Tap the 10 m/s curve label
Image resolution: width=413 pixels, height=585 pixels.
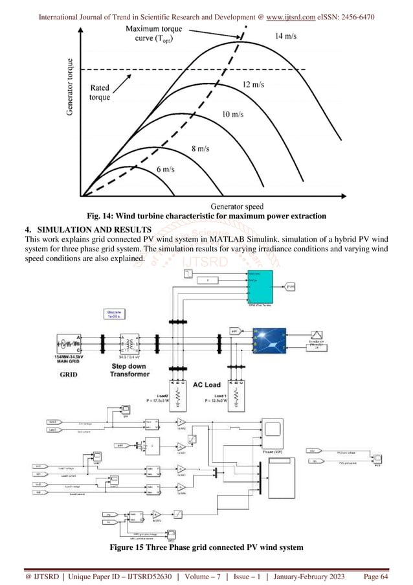click(x=233, y=114)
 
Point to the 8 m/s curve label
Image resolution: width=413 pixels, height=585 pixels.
click(x=199, y=148)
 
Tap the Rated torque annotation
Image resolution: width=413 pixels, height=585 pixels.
click(x=100, y=93)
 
